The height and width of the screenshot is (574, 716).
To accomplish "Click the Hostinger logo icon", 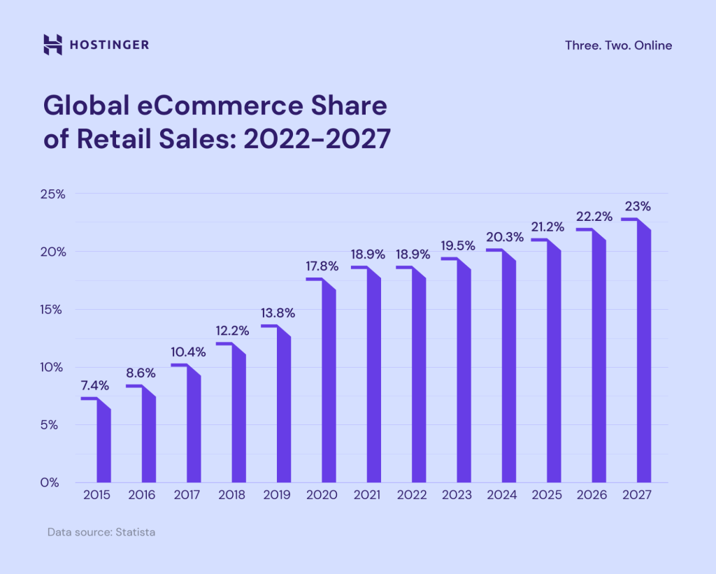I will click(x=53, y=45).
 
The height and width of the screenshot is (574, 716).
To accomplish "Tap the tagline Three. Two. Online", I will click(x=618, y=45).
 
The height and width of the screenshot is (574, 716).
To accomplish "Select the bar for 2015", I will click(x=103, y=444).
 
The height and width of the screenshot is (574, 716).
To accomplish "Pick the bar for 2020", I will click(x=329, y=385).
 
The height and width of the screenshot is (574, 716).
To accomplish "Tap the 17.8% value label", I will click(x=322, y=266).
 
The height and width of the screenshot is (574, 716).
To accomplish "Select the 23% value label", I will click(x=638, y=206).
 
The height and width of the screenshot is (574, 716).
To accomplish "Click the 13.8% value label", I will click(x=277, y=313).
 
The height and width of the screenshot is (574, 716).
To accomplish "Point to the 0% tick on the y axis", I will click(x=54, y=482).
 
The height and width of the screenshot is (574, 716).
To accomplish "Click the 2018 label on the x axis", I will click(x=232, y=495).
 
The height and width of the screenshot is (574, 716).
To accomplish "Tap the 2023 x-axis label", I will click(x=457, y=495).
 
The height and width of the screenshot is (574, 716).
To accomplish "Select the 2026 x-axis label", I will click(x=592, y=495).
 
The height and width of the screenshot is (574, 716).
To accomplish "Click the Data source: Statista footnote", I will click(x=101, y=532).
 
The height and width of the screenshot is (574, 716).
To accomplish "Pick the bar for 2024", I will click(x=508, y=371).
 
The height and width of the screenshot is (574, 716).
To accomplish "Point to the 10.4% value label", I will click(x=188, y=352).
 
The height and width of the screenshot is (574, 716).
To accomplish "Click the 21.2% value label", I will click(x=547, y=226).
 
